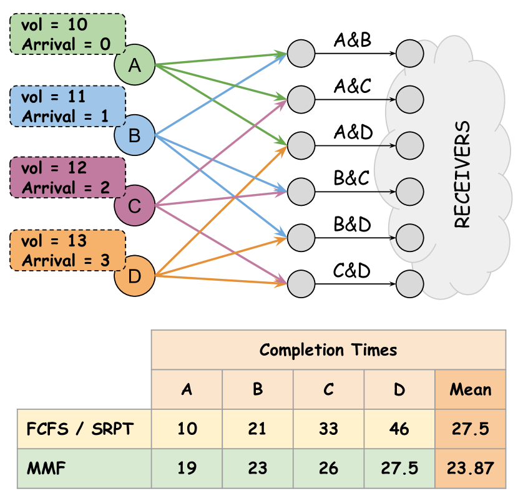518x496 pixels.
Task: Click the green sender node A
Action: pos(134,65)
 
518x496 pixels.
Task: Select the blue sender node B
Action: pos(134,135)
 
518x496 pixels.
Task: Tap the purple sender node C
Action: pos(134,205)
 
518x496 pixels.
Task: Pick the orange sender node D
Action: pos(134,276)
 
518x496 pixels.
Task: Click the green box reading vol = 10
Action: pos(67,34)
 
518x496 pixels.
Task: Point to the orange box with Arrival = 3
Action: pos(67,250)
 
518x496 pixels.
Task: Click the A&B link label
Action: pos(353,40)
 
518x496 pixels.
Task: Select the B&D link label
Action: pos(352,224)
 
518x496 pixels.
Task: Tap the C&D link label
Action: pos(351,270)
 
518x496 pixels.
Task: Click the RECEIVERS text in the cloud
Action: pos(462,174)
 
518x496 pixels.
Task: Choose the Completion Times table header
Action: pos(328,349)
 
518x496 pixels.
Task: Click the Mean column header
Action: pos(471,389)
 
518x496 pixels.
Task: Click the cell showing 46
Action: pos(399,429)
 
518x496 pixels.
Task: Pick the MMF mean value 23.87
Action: pos(471,469)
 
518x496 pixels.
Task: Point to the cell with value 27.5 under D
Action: pos(399,469)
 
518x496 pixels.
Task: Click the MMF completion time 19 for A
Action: pos(187,469)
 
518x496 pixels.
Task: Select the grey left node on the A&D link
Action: pos(301,145)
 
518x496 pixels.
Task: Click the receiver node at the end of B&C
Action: pos(409,192)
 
